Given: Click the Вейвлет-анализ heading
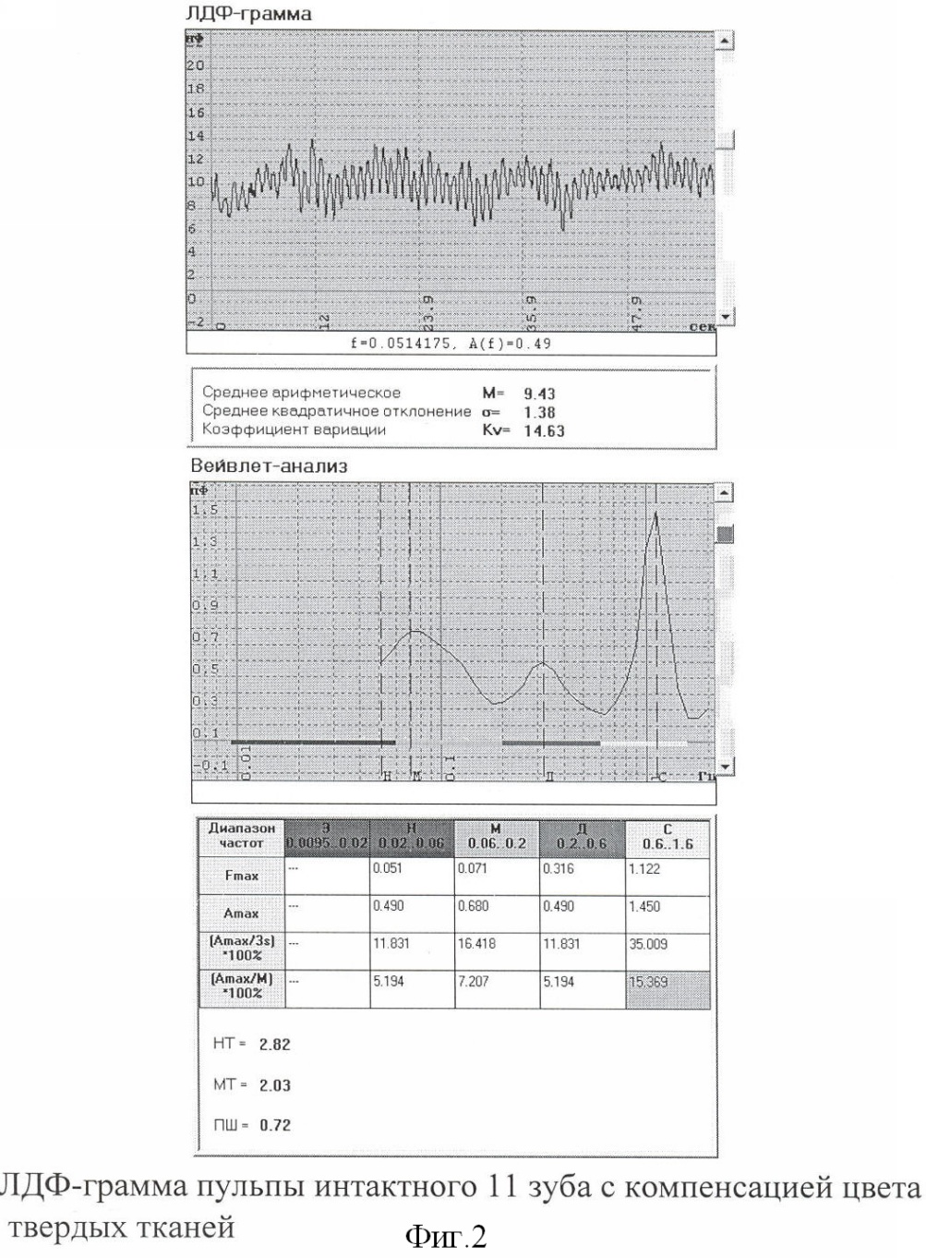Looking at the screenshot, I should coord(269,466).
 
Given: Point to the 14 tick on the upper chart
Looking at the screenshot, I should coord(195,136).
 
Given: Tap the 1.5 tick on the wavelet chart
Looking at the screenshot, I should coord(204,510).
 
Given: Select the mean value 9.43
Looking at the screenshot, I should coord(540,393).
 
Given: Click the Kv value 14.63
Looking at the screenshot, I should coord(544,430).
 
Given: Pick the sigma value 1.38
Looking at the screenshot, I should coord(540,413).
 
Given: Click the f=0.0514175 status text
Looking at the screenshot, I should coord(451,344).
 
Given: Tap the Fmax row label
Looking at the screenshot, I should coord(242,876).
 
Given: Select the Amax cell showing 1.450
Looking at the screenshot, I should coord(644,906).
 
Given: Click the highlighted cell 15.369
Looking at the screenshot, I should coord(648,982).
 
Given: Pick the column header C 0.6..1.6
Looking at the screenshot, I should coord(667,838).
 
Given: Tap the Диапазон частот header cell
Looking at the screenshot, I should coord(242,836).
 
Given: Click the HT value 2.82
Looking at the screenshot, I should coord(274,1045).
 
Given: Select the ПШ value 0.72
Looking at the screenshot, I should coord(274,1125).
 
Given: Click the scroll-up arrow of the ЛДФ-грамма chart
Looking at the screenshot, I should coord(726,41).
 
